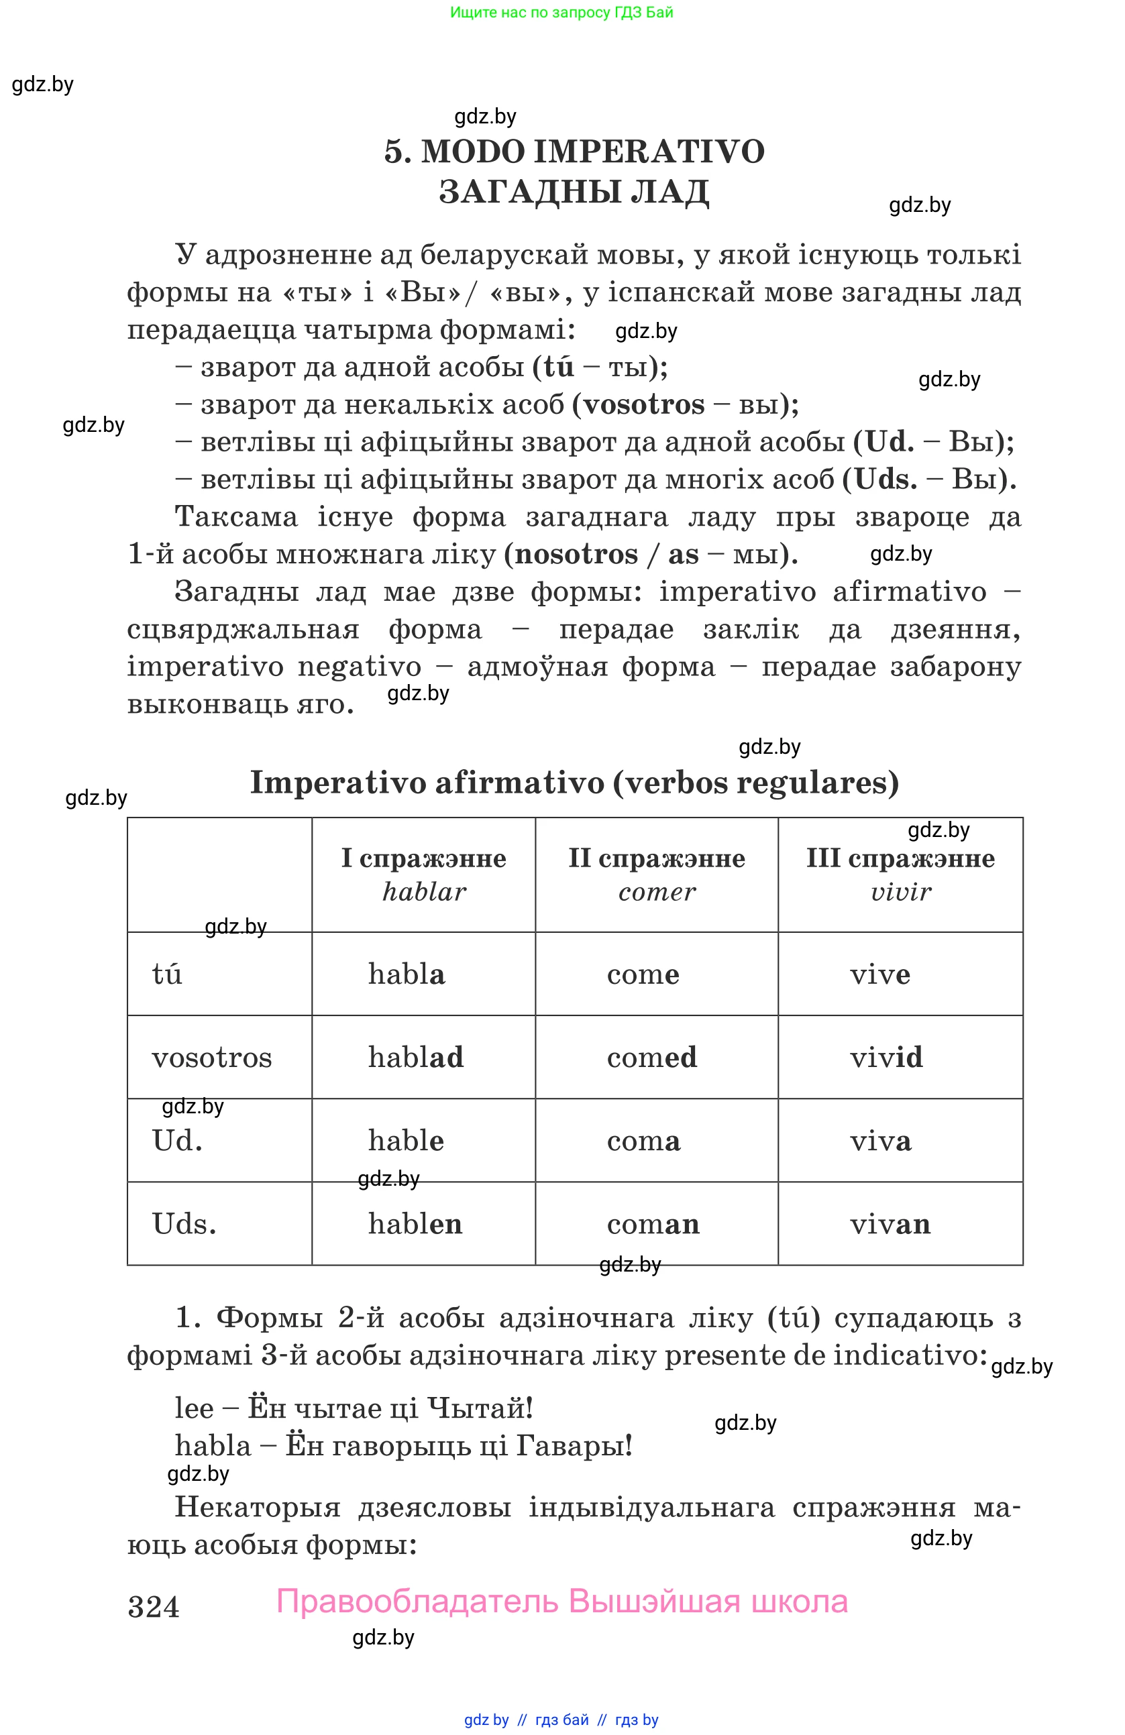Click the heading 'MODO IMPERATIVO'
(592, 152)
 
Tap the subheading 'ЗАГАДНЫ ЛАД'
(574, 192)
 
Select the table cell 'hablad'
(416, 1057)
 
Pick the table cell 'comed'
(652, 1057)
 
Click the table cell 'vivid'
(886, 1057)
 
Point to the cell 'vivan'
(890, 1224)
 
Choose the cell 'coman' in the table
(653, 1224)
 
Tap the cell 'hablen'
(415, 1224)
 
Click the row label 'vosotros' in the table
(211, 1057)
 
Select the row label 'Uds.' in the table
(184, 1224)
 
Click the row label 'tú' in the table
(167, 974)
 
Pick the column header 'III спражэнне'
(900, 858)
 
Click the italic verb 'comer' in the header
(657, 891)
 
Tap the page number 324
(153, 1607)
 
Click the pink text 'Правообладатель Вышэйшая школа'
(561, 1602)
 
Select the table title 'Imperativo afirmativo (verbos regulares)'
(574, 782)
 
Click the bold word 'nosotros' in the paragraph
(576, 554)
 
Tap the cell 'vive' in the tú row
(879, 974)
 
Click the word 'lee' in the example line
(194, 1408)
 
